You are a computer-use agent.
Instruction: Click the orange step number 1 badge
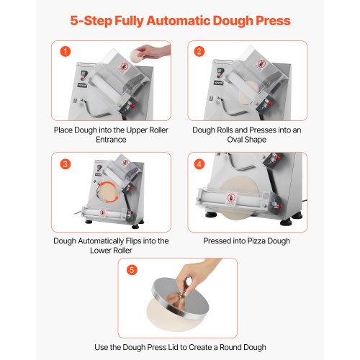(66, 51)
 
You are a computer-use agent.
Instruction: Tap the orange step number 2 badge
(199, 51)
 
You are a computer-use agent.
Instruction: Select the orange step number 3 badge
(66, 163)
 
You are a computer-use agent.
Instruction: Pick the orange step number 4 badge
(199, 163)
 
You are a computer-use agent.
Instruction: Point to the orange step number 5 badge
(130, 271)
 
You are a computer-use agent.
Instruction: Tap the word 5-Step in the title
(91, 20)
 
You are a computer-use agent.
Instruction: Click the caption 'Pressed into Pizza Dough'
(247, 241)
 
